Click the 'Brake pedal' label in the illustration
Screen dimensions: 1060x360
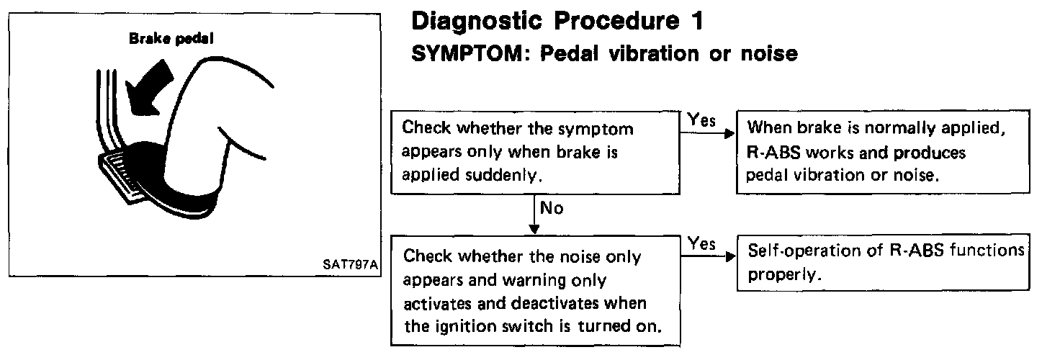coord(171,39)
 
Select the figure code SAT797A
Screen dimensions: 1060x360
coord(350,264)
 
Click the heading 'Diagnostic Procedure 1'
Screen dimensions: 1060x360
coord(557,22)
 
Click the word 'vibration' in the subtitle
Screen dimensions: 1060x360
coord(654,53)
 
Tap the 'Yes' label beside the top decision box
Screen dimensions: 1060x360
coord(701,120)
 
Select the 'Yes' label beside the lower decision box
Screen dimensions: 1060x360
coord(702,243)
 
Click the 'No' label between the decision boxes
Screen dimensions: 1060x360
coord(552,208)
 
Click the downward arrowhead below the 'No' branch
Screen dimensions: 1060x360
coord(534,230)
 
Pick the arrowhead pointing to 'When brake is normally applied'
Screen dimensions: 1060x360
coord(730,133)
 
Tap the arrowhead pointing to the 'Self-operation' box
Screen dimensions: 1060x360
coord(731,256)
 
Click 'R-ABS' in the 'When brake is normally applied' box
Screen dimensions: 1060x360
coord(773,153)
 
